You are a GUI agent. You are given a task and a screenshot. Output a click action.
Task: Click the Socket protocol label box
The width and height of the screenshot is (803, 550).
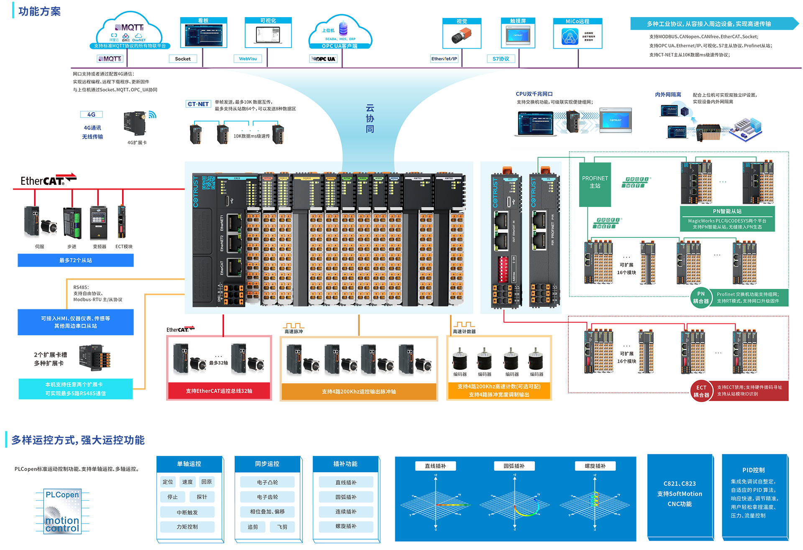[x=183, y=59]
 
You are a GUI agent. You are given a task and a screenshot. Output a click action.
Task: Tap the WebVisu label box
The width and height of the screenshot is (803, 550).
[x=248, y=59]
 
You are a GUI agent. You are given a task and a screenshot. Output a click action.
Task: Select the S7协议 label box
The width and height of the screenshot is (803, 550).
[x=501, y=59]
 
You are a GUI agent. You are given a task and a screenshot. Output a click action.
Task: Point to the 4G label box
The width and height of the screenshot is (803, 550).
[x=91, y=115]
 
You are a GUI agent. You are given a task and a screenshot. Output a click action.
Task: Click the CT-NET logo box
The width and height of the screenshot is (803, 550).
[x=198, y=104]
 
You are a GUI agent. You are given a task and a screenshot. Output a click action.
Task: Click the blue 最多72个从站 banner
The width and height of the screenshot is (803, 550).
[x=76, y=260]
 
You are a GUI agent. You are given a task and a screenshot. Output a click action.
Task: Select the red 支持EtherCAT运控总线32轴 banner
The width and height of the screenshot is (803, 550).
[x=219, y=391]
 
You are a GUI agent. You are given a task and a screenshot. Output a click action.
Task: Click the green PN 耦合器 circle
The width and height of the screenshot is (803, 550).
[x=701, y=297]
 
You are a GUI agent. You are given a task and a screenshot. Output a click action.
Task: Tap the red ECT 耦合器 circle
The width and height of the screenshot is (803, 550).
[x=701, y=391]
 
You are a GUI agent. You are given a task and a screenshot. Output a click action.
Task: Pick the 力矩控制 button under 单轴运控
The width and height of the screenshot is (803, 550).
[x=187, y=527]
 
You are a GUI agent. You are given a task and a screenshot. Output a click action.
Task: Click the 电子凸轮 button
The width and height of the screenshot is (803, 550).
[x=267, y=482]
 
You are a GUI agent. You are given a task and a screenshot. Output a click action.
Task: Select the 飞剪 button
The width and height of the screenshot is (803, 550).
[x=282, y=527]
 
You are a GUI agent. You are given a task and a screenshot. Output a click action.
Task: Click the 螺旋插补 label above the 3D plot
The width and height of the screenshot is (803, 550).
[x=595, y=466]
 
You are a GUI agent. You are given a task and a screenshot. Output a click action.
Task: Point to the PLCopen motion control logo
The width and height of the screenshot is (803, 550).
[x=62, y=511]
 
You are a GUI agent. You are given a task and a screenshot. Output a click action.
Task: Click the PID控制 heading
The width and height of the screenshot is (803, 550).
[x=753, y=470]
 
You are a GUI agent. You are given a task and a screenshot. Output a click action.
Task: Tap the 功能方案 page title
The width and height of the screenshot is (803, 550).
[x=39, y=11]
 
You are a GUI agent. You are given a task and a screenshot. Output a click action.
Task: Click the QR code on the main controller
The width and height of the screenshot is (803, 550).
[x=208, y=183]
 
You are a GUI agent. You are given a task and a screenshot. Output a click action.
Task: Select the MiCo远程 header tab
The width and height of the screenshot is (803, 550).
[x=577, y=21]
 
